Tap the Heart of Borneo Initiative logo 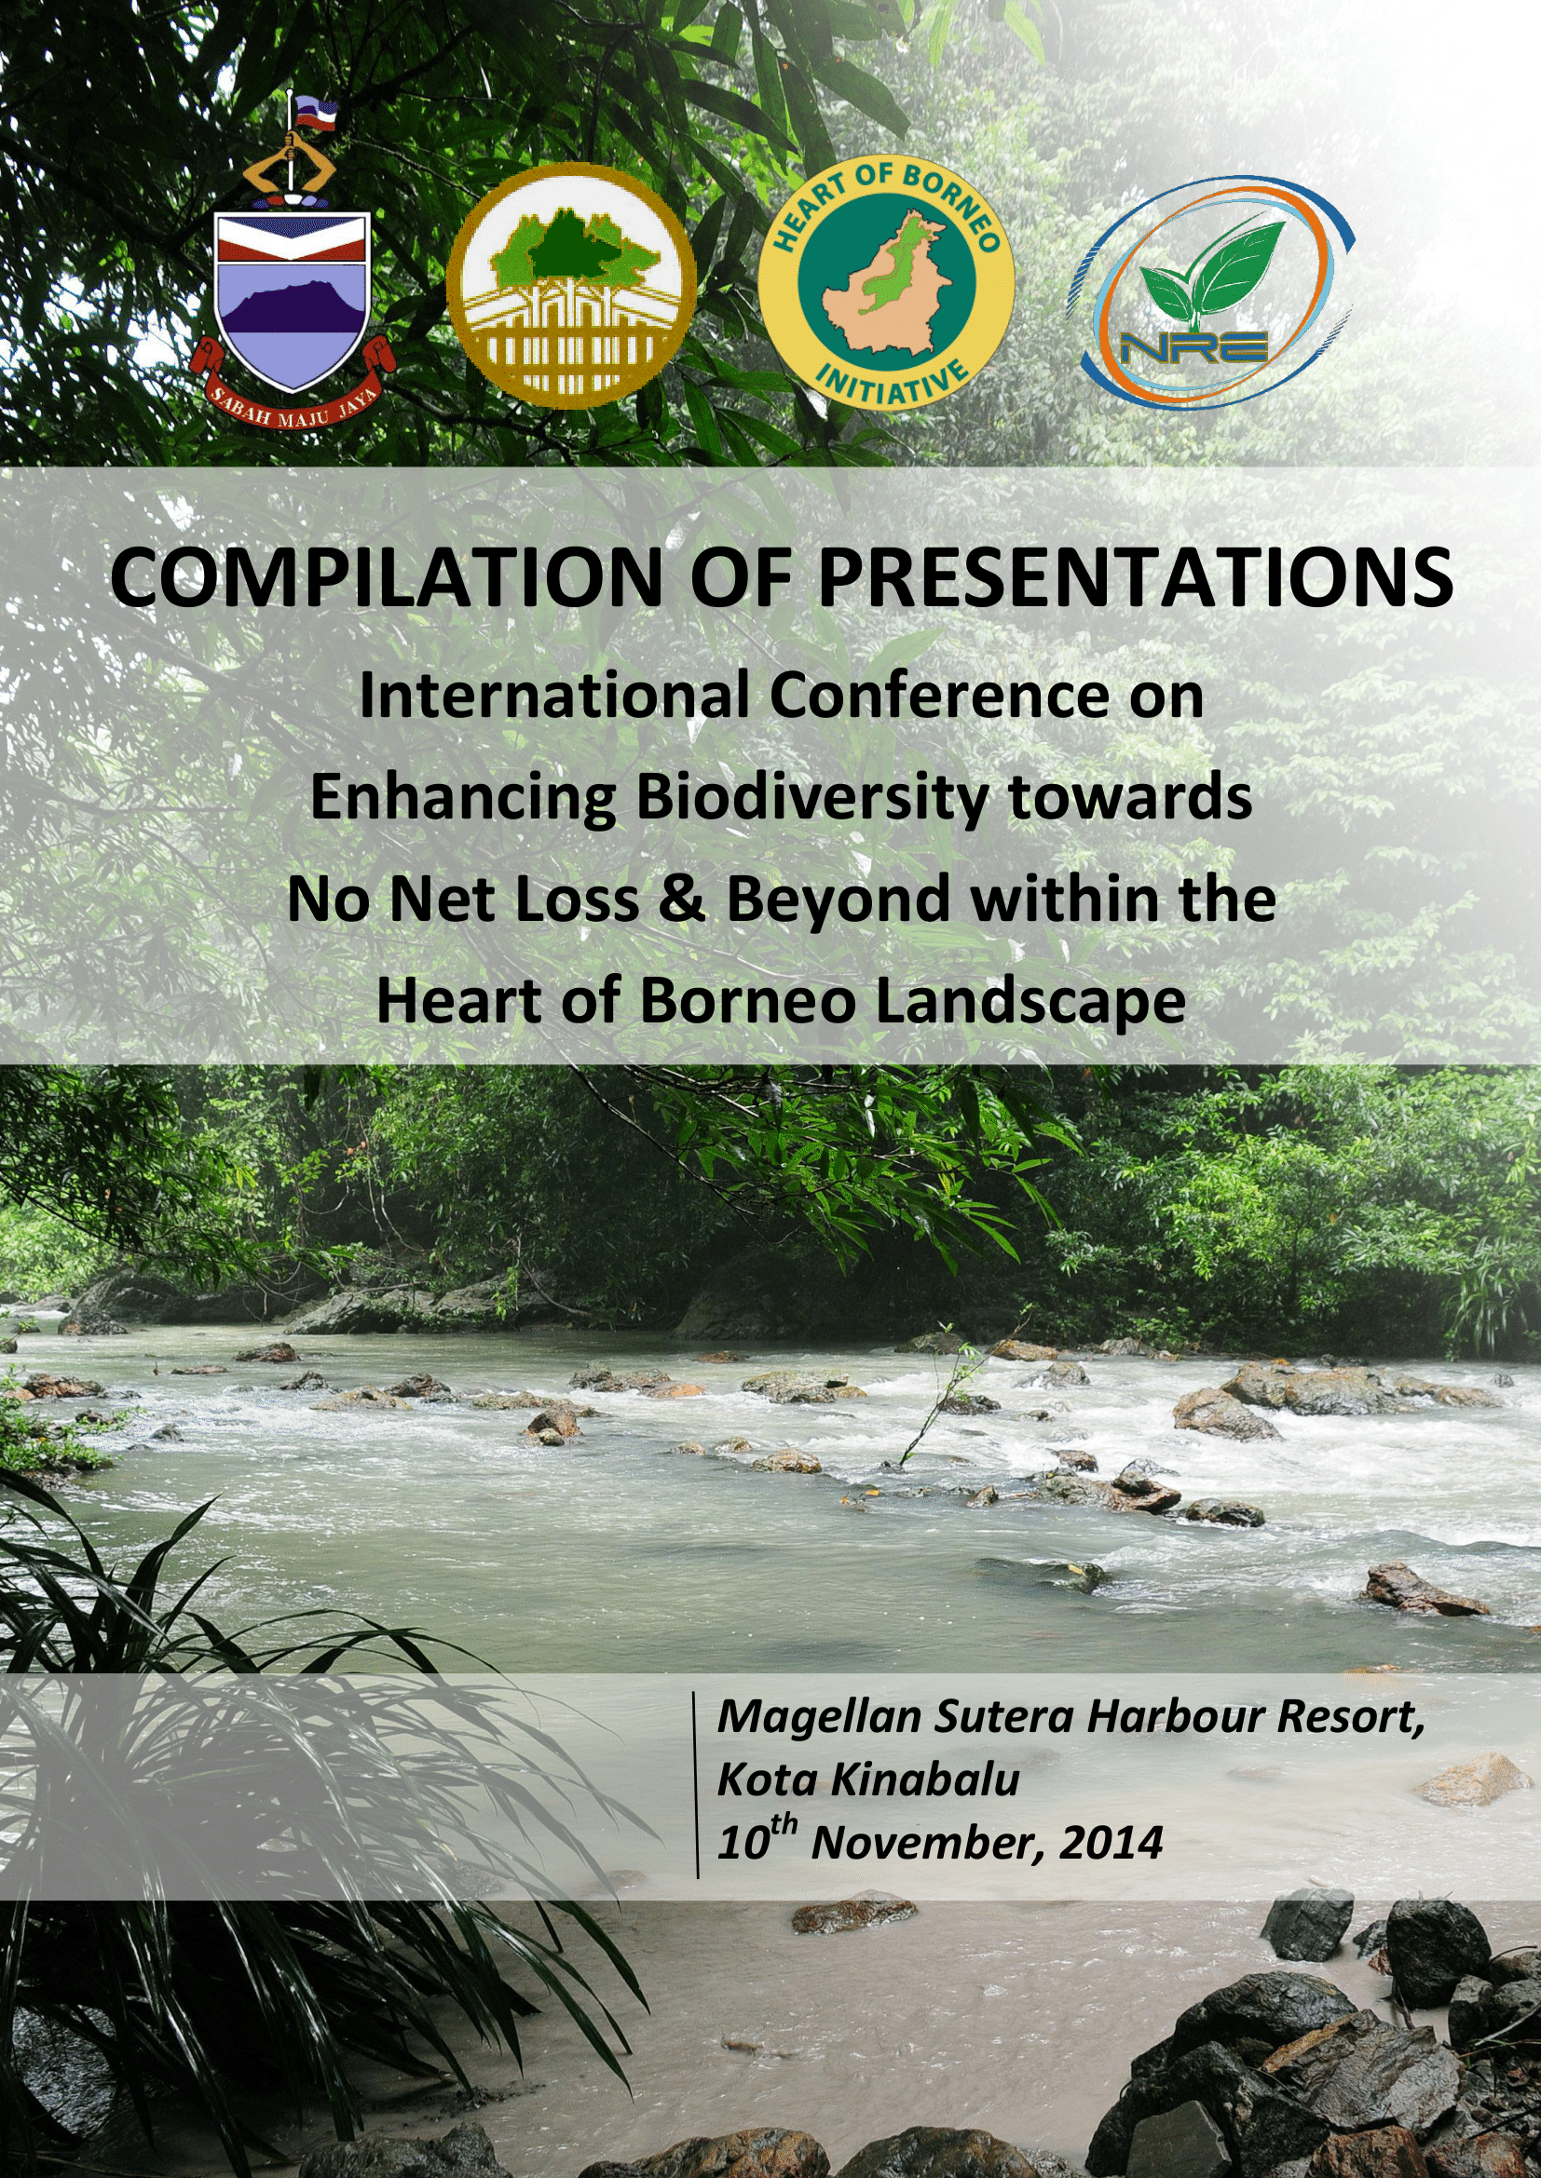(x=886, y=283)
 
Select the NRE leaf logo (x=1211, y=291)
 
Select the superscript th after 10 (x=784, y=1827)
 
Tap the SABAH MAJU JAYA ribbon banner (x=291, y=389)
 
